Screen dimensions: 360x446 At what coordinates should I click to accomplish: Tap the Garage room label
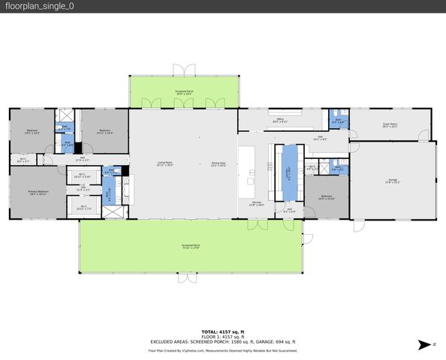(392, 181)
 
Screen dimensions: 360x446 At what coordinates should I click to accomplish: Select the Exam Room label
(390, 126)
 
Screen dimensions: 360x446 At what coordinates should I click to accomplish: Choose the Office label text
(279, 120)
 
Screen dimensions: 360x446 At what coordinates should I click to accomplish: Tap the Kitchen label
(256, 203)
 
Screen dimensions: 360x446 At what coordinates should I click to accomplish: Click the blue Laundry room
(288, 173)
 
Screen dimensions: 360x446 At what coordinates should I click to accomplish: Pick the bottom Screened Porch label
(190, 246)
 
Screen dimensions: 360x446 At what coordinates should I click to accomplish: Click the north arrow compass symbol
(426, 344)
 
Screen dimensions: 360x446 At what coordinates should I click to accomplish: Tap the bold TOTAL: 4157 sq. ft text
(222, 331)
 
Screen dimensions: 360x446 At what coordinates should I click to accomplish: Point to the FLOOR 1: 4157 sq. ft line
(222, 337)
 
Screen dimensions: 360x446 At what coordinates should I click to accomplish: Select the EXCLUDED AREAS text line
(222, 342)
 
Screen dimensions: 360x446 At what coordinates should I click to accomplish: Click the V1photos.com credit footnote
(222, 350)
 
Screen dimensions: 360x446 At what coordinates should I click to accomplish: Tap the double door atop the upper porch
(182, 70)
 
